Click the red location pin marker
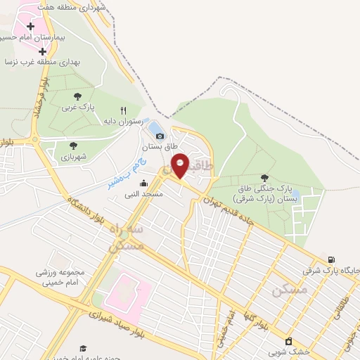[180, 165]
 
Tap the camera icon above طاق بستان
[160, 136]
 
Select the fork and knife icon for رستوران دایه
[124, 110]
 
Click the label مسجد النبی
[144, 193]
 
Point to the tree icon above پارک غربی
[77, 96]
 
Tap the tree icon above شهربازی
[73, 146]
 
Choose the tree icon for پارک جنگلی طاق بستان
[264, 178]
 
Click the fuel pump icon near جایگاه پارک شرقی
[331, 259]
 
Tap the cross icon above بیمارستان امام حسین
[30, 26]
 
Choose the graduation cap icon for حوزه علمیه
[83, 349]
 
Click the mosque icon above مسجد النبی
[144, 183]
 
